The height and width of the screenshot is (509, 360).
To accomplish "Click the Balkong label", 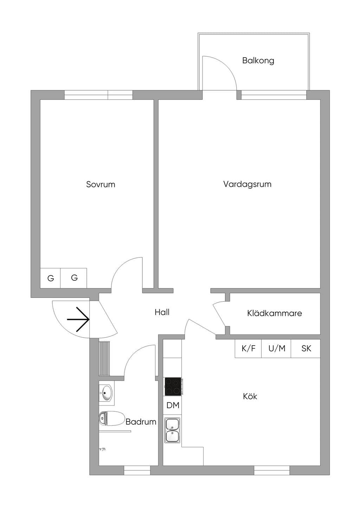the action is [x=258, y=61].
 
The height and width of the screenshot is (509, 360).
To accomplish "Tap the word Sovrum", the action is [x=101, y=184].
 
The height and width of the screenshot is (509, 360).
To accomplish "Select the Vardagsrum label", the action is [x=247, y=184].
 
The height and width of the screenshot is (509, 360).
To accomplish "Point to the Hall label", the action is [x=162, y=312].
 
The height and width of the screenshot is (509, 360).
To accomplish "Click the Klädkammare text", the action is [x=275, y=313].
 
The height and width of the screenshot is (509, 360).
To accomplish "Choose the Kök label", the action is [x=250, y=396].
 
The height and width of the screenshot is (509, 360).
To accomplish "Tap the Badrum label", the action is [x=141, y=422].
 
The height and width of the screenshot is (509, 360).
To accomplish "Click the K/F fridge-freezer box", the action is [x=248, y=348].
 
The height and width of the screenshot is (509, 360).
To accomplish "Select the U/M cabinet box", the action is [x=276, y=348].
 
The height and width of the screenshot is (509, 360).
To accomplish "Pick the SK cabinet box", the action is [x=306, y=348].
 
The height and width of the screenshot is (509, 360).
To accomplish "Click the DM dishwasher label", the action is [x=173, y=405].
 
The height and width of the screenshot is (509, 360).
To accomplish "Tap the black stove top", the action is [x=173, y=386].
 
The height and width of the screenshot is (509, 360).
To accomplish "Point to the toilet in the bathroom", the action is [x=112, y=418].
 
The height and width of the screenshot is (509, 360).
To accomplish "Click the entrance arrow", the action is [x=78, y=319].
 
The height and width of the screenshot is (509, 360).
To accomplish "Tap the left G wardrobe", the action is [x=50, y=278].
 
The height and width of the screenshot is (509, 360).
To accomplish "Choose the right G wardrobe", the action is [x=74, y=278].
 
